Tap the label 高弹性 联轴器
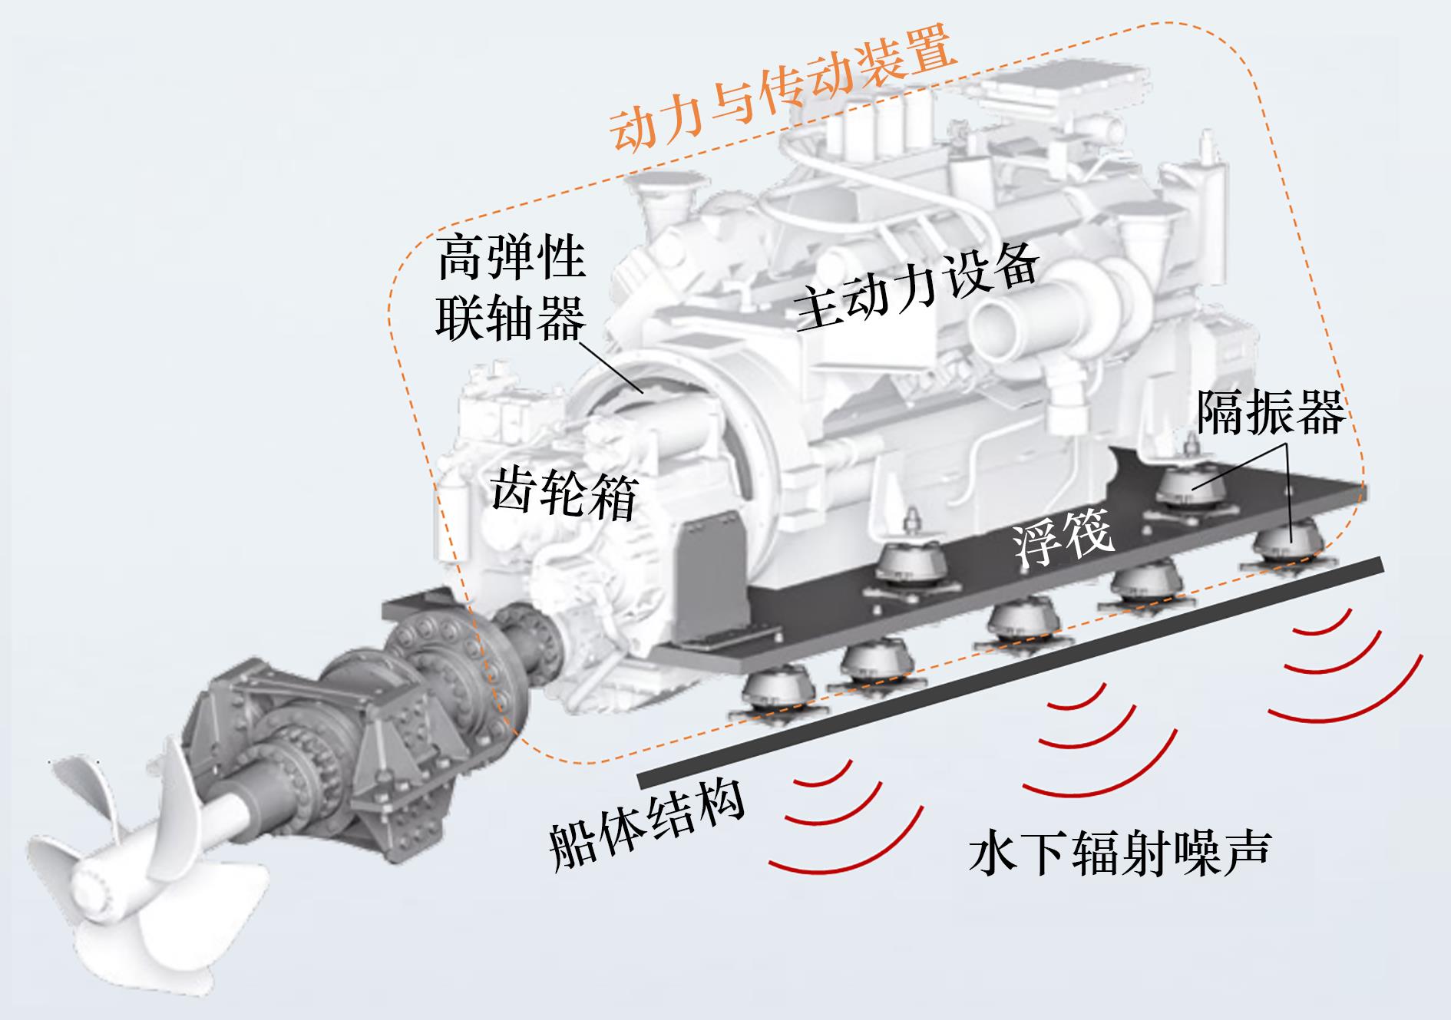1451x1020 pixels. tap(511, 290)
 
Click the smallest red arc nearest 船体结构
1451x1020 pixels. tap(823, 777)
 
